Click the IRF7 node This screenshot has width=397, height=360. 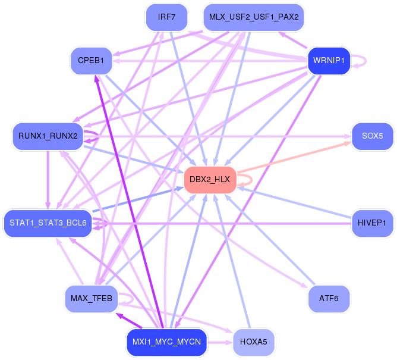[166, 17]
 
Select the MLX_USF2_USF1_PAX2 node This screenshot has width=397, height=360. [254, 17]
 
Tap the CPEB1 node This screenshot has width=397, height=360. [91, 61]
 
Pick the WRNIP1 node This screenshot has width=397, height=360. [329, 61]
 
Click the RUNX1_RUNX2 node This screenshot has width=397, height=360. [48, 136]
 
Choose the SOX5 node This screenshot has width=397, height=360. [372, 136]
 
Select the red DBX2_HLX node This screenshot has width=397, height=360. [210, 180]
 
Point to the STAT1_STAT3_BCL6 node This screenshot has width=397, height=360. [48, 223]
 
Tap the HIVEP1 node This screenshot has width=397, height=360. [372, 223]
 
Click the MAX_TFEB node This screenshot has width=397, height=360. [91, 299]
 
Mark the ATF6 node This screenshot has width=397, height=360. [329, 299]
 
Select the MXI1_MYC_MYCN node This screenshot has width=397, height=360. [166, 342]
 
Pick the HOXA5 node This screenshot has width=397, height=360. [254, 342]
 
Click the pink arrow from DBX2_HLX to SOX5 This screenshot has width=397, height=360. [294, 157]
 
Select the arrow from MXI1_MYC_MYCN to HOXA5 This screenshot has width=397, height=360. [220, 343]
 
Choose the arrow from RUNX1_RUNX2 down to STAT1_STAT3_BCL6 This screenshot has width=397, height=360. [48, 180]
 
